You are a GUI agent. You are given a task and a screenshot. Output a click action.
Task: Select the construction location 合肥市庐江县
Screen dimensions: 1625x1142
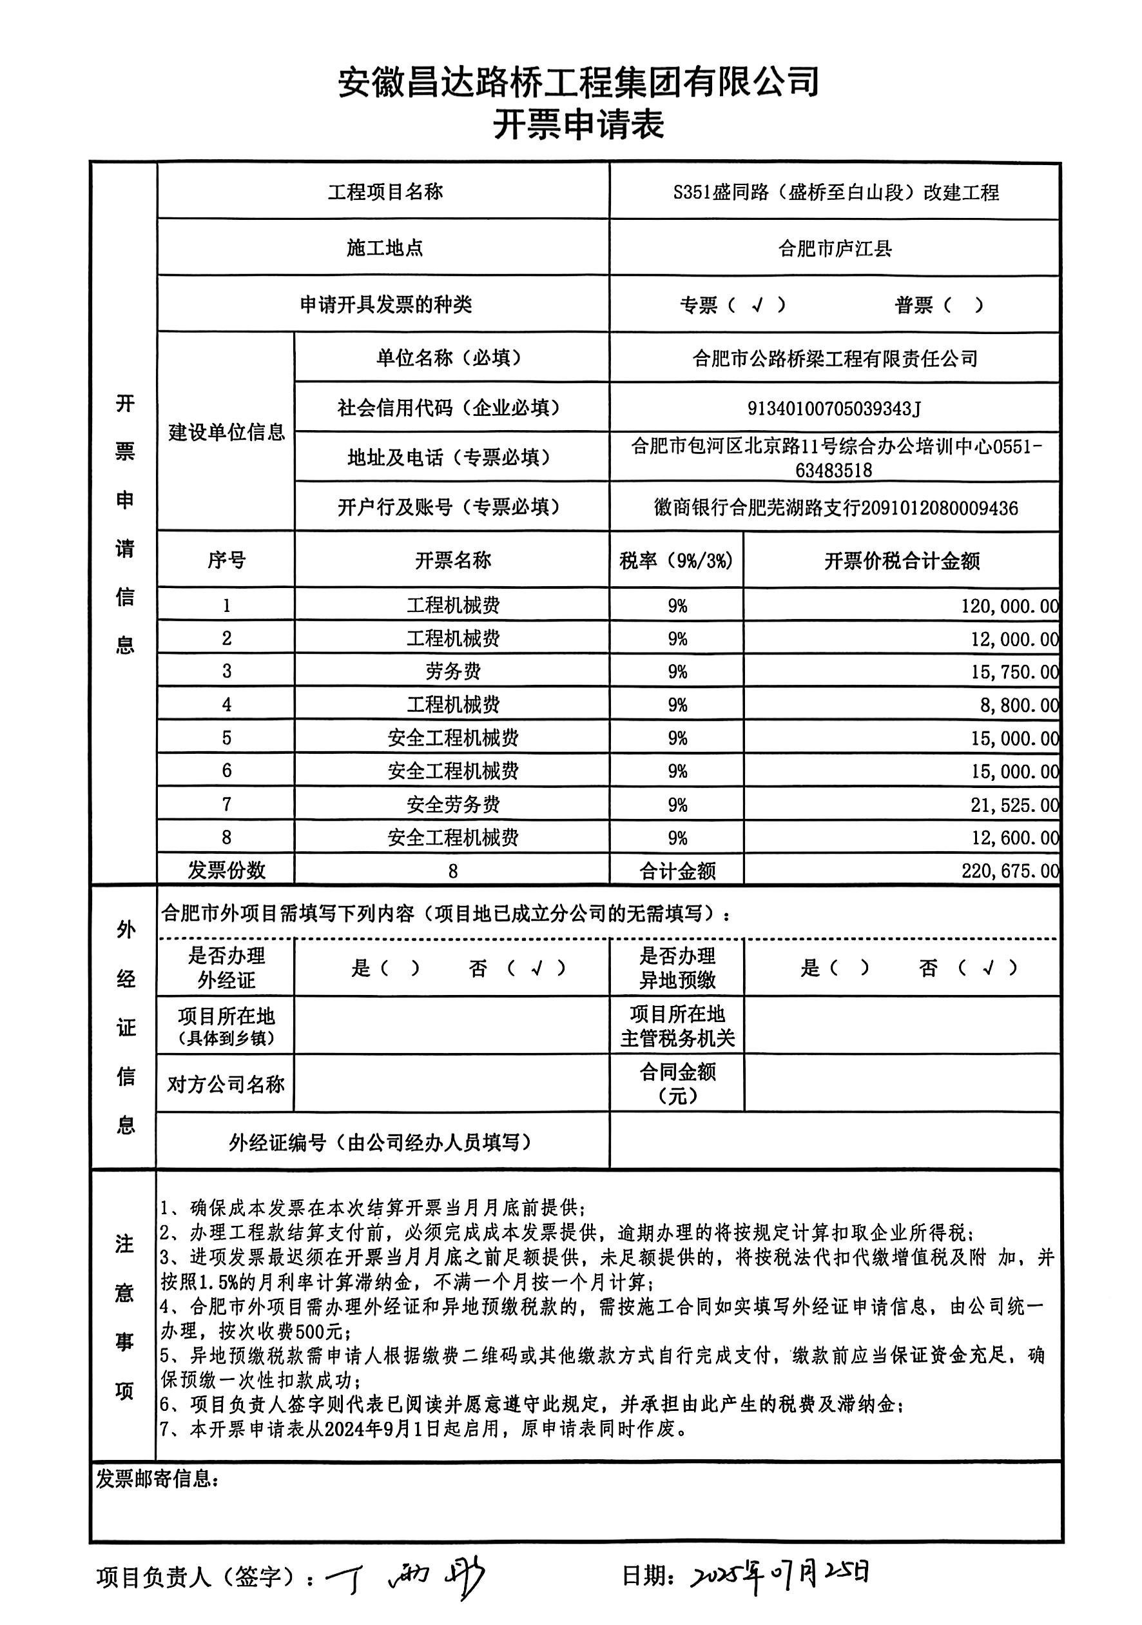coord(835,249)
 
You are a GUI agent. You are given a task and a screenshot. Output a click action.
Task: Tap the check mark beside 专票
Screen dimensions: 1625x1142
coord(758,305)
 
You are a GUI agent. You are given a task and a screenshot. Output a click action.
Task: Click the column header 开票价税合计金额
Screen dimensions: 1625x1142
coord(902,561)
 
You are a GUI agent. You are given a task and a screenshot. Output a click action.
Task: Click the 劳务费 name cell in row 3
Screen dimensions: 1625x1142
coord(453,671)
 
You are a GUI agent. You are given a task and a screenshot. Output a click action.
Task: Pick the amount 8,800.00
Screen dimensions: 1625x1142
coord(1019,705)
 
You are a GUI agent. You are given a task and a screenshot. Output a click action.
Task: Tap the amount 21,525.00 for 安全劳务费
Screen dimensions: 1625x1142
coord(1014,805)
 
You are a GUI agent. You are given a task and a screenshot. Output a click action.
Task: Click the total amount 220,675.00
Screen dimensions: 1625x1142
coord(1010,871)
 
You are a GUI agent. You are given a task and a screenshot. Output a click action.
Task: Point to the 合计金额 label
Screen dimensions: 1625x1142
coord(677,871)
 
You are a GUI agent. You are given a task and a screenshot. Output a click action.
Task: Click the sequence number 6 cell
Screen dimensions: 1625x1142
coord(226,771)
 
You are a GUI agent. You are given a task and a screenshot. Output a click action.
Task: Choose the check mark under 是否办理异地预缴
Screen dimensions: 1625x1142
coord(989,967)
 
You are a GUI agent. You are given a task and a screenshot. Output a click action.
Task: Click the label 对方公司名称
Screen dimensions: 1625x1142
coord(226,1083)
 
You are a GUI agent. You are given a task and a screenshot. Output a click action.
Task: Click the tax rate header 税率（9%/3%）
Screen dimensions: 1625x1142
coord(677,561)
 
